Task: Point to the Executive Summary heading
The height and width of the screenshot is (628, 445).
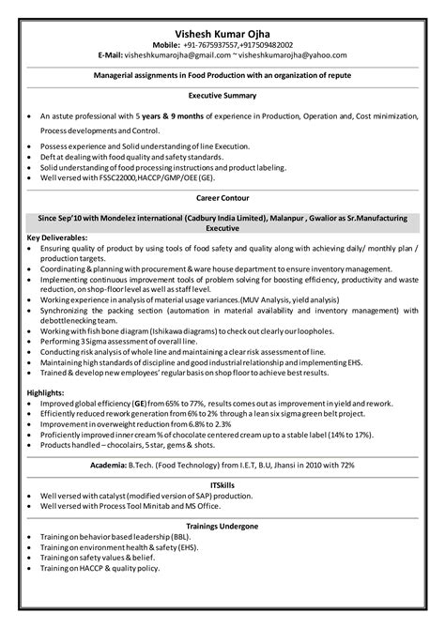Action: click(222, 97)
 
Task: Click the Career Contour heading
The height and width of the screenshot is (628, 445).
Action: click(222, 198)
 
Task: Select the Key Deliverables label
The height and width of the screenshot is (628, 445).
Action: click(58, 237)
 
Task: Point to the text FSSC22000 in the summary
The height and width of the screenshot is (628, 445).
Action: click(109, 176)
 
